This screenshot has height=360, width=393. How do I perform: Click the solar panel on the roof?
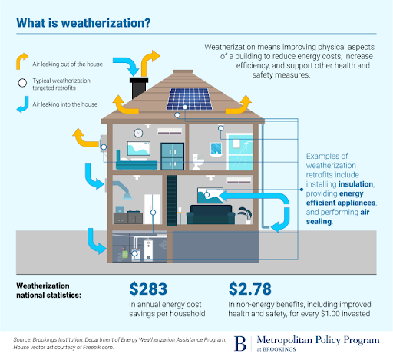[x=190, y=99]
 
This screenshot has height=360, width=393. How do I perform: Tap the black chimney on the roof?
[x=139, y=88]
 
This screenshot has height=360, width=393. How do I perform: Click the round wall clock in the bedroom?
[x=138, y=133]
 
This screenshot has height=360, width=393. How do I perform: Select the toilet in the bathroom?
[x=198, y=162]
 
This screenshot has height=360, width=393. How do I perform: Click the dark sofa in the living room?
[x=211, y=215]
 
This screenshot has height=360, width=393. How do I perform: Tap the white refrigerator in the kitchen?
[x=152, y=209]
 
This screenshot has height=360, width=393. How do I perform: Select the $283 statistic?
[x=148, y=289]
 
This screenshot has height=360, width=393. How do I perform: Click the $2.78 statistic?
[x=249, y=289]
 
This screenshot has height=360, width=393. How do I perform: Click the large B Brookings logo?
[x=240, y=343]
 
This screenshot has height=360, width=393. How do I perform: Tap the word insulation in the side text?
[x=355, y=184]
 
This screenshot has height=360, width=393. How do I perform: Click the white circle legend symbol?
[x=22, y=83]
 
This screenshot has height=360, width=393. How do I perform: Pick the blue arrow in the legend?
[x=24, y=104]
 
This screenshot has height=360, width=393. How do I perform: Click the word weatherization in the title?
[x=105, y=23]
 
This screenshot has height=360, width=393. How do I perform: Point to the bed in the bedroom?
[x=137, y=162]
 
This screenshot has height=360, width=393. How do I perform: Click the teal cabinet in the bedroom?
[x=172, y=157]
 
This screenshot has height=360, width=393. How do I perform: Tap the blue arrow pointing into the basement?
[x=96, y=241]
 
